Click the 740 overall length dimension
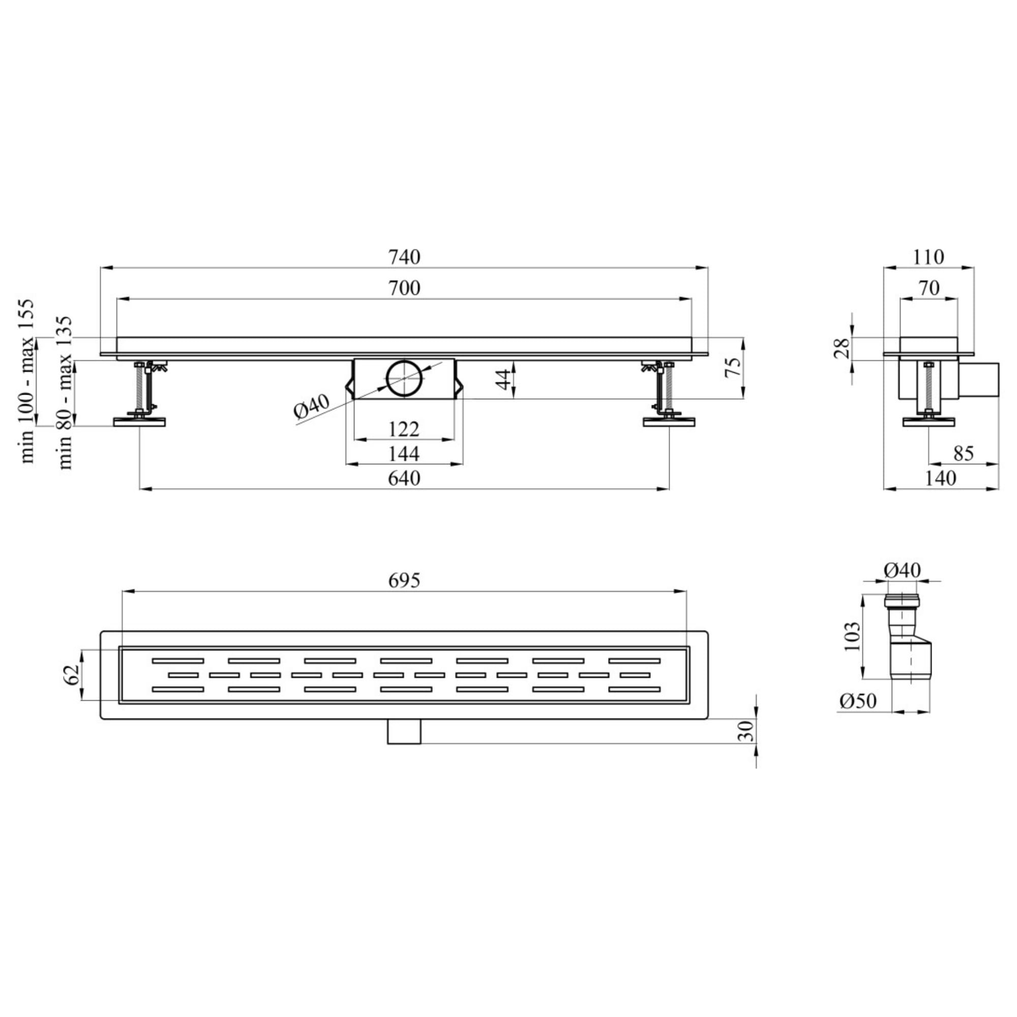[404, 257]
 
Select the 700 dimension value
[404, 288]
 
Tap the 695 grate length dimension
[404, 580]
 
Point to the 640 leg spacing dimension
[404, 478]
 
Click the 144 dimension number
[404, 454]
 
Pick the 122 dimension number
[404, 430]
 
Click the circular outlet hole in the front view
[404, 378]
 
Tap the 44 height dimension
[504, 379]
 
